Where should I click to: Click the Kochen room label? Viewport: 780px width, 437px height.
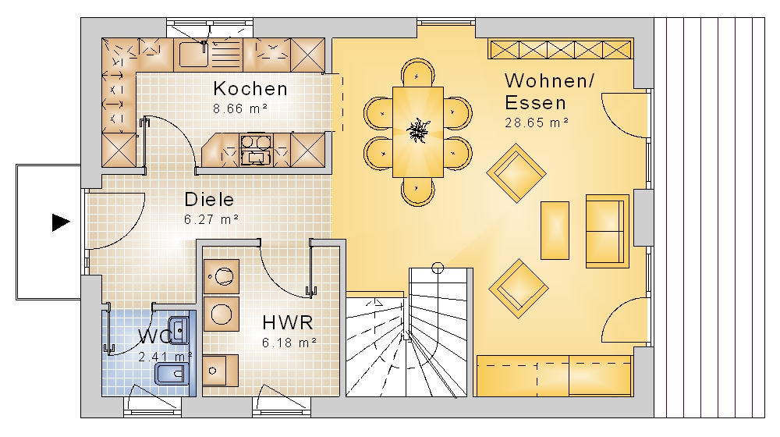[250, 89]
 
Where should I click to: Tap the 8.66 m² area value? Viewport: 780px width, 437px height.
[241, 108]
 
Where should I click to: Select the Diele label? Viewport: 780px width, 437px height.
[209, 200]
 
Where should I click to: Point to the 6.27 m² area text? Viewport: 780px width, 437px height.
[211, 219]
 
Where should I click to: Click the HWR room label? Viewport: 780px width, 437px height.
[288, 323]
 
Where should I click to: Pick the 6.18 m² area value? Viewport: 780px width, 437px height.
[289, 343]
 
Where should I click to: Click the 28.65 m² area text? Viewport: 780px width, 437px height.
[537, 123]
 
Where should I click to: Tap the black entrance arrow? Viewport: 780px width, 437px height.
[61, 222]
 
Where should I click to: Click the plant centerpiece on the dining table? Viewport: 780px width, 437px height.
[417, 131]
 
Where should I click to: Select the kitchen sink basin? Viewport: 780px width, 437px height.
[193, 55]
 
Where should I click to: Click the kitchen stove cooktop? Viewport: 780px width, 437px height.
[256, 149]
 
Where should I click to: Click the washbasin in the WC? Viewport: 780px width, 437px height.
[178, 329]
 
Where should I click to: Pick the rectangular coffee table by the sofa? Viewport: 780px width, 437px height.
[555, 230]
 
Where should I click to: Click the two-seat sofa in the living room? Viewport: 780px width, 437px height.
[607, 231]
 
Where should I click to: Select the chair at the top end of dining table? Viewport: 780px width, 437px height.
[418, 73]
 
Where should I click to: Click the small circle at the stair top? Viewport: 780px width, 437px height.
[438, 268]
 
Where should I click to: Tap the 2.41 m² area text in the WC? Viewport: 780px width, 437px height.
[165, 357]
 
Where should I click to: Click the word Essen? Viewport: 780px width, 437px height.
[535, 103]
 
